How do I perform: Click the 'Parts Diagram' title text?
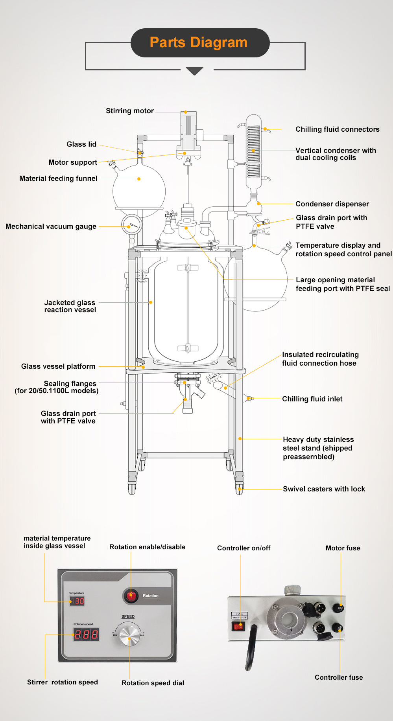click(x=198, y=42)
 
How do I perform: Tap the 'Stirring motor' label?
click(x=129, y=111)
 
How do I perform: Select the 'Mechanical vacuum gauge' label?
click(x=51, y=226)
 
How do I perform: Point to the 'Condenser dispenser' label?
click(x=332, y=204)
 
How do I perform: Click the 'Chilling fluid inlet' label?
click(x=312, y=399)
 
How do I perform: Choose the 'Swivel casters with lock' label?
click(x=324, y=489)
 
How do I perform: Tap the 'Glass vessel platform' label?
click(x=58, y=366)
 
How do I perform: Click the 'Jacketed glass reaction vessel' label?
click(x=70, y=306)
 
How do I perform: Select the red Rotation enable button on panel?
click(x=131, y=596)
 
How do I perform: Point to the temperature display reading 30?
click(x=77, y=601)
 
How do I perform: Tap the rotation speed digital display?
click(x=86, y=634)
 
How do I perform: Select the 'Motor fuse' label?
click(x=343, y=548)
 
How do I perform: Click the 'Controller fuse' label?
click(x=339, y=677)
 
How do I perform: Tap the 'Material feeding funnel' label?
click(x=58, y=178)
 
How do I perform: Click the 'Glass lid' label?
click(x=81, y=144)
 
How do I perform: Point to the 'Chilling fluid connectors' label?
click(x=337, y=129)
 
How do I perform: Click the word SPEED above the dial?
click(x=128, y=616)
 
